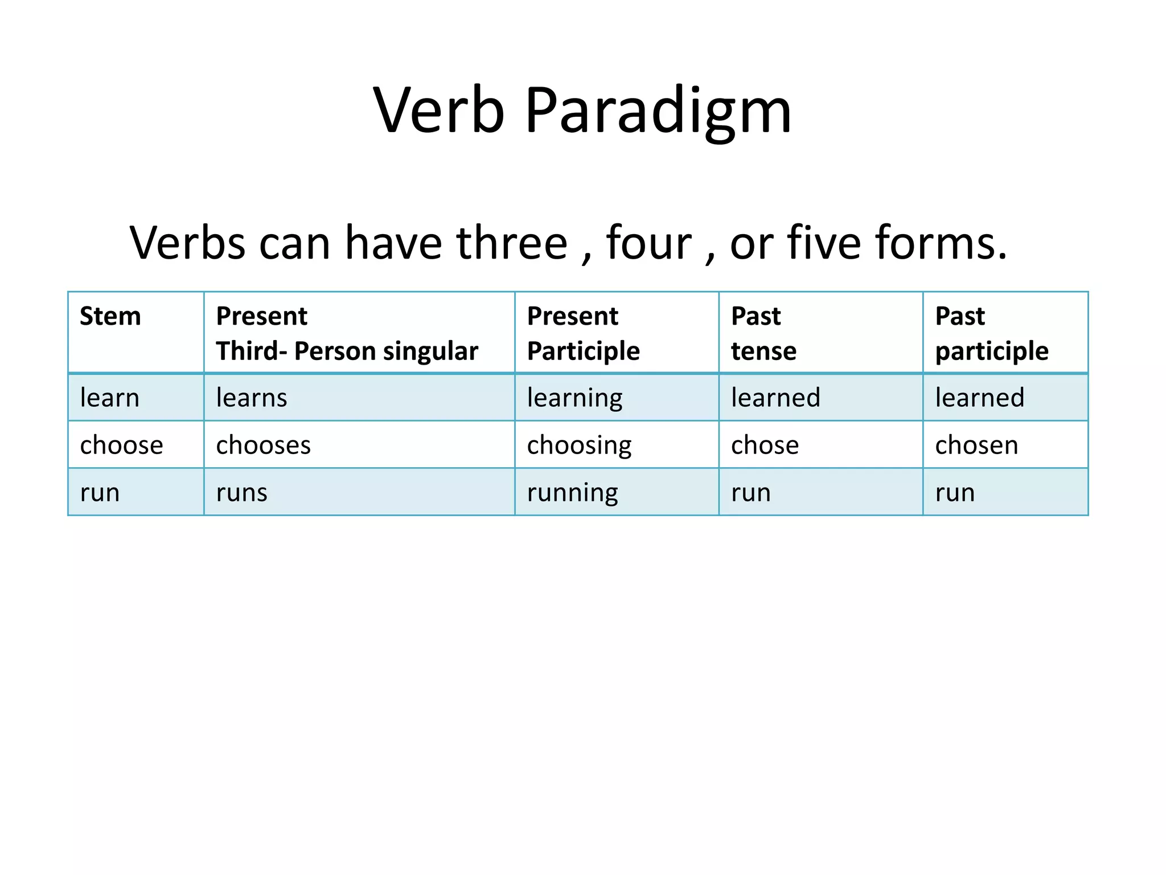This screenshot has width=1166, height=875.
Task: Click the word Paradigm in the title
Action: [x=658, y=111]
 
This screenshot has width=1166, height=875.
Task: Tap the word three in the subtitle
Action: [x=512, y=243]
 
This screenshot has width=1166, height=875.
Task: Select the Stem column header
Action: [x=110, y=316]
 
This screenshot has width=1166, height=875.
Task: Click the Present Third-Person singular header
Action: [x=347, y=333]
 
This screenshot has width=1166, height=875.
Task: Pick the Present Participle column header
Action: [x=583, y=333]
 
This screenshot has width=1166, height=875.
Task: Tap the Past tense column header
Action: [x=763, y=333]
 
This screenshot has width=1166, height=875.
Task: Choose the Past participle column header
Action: [x=991, y=333]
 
